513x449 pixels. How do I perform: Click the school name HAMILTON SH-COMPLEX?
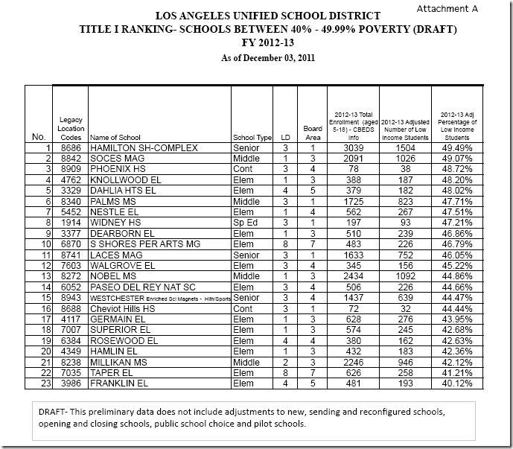(143, 148)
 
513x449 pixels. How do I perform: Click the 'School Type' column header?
(252, 138)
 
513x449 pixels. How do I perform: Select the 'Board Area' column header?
(313, 133)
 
